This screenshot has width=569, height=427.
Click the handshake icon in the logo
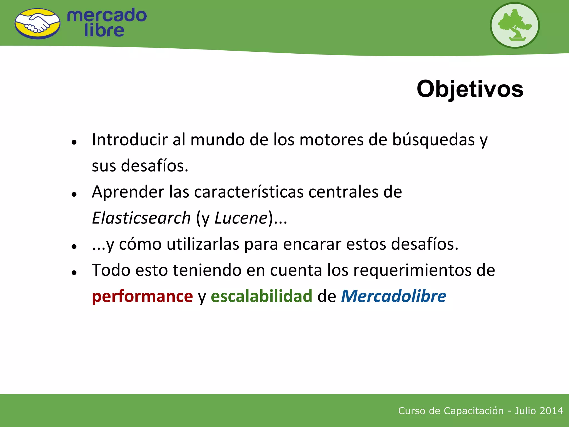[38, 24]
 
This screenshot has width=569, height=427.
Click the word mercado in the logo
[107, 15]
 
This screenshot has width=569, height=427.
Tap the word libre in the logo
[104, 30]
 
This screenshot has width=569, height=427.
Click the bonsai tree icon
[515, 25]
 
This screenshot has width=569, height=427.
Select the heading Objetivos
[470, 89]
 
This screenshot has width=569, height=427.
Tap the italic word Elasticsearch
[141, 218]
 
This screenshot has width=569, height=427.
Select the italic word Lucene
[241, 218]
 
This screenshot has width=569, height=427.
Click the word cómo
[140, 244]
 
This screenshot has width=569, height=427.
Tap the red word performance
[142, 296]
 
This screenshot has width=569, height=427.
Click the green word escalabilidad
[261, 296]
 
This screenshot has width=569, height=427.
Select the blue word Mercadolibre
[394, 296]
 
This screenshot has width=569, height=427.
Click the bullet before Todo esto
[74, 273]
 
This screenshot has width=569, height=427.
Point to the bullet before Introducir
[74, 142]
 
